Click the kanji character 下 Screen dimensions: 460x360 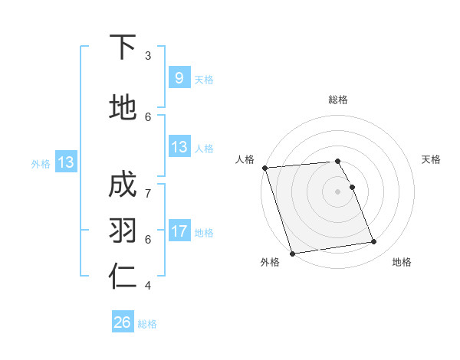click(123, 47)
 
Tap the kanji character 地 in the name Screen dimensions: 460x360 click(123, 107)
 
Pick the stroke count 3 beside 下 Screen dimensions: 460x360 click(148, 56)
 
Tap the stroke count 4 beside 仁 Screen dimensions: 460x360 click(148, 286)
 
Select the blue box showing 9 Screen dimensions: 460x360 click(179, 77)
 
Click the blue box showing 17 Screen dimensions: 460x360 click(179, 231)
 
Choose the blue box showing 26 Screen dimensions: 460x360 click(123, 322)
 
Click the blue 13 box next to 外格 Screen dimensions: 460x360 click(65, 162)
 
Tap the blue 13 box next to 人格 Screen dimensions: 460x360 click(179, 147)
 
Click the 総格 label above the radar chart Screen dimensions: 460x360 click(338, 100)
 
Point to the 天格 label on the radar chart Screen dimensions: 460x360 click(432, 159)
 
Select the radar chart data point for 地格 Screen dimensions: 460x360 click(374, 242)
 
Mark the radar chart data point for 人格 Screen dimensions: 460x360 click(264, 168)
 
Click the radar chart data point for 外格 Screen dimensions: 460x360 click(292, 254)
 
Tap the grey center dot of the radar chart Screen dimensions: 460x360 click(338, 191)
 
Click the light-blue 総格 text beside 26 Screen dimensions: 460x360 click(147, 324)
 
